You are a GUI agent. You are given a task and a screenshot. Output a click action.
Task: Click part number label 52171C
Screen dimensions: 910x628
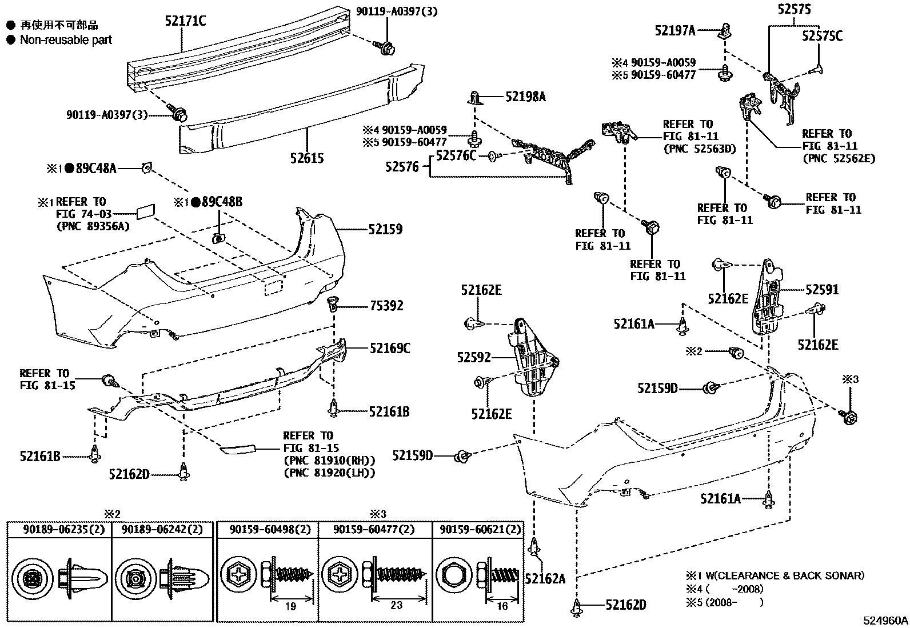pos(185,21)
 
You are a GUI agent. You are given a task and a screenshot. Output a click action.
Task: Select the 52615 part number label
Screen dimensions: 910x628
pos(307,158)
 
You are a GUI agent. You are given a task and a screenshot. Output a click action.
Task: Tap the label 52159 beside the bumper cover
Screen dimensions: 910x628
pos(385,229)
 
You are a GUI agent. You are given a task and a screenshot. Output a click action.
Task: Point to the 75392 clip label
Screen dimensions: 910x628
pos(386,306)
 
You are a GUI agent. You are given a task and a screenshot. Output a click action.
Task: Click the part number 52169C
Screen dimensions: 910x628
pos(390,348)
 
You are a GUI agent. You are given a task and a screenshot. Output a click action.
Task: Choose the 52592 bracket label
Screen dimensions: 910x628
pos(474,358)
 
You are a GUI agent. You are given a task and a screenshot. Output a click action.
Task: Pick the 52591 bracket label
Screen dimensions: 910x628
pos(822,290)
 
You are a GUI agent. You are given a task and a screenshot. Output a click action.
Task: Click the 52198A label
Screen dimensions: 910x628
pos(525,97)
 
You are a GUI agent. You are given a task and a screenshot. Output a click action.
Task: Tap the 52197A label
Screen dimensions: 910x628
pos(674,30)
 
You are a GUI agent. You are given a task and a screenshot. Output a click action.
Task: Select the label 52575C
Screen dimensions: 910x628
pos(822,36)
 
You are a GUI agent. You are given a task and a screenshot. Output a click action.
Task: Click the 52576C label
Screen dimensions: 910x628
pos(456,155)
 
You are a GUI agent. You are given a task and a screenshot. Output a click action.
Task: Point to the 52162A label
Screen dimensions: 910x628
pos(545,579)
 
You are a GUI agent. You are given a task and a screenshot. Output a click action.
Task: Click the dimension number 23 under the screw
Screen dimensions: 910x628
pos(396,605)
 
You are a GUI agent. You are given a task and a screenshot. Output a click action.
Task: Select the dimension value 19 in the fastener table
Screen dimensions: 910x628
pos(290,606)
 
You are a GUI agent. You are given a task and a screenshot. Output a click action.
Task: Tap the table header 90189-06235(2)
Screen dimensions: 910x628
pos(64,529)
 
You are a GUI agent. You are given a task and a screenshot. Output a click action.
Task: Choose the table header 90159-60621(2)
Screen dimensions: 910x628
pos(480,529)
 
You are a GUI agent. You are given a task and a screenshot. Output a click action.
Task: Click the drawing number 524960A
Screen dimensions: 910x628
pos(885,621)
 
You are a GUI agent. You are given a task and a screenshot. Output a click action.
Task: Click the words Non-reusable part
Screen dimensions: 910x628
pos(66,40)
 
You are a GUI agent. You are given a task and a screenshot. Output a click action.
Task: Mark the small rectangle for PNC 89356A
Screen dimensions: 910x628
pos(145,211)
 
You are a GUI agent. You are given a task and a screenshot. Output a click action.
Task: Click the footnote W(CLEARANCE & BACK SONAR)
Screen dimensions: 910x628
pos(785,575)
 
